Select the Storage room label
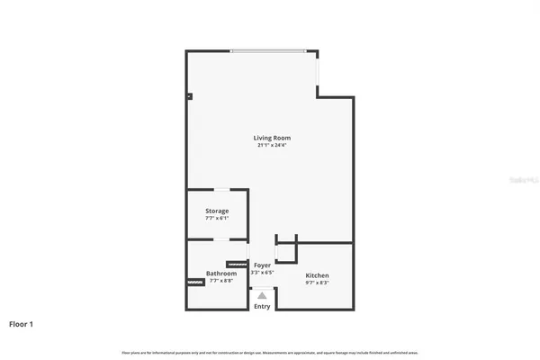pyautogui.click(x=216, y=211)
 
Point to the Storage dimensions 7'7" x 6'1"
pyautogui.click(x=216, y=218)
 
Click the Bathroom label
pyautogui.click(x=220, y=274)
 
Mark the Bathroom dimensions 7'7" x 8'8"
pyautogui.click(x=220, y=281)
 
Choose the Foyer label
pyautogui.click(x=262, y=265)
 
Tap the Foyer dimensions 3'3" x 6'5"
pyautogui.click(x=262, y=273)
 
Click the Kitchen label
pyautogui.click(x=317, y=275)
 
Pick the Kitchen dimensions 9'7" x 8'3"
pyautogui.click(x=317, y=283)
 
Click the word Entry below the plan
pyautogui.click(x=262, y=307)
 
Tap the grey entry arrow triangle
pyautogui.click(x=262, y=294)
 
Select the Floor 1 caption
pyautogui.click(x=22, y=323)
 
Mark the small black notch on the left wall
pyautogui.click(x=189, y=95)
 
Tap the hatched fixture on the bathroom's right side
pyautogui.click(x=237, y=265)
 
